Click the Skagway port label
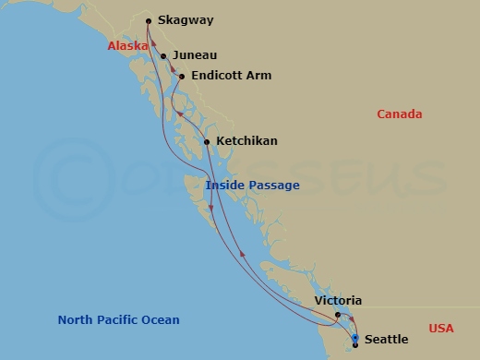(x=186, y=19)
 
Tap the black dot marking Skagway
(x=149, y=20)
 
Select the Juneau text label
(x=195, y=55)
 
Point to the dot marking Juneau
(x=163, y=56)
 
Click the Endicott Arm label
(x=231, y=76)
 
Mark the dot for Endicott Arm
(x=181, y=77)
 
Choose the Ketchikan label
(x=246, y=141)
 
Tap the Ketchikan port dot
(x=206, y=141)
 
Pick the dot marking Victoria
(x=338, y=315)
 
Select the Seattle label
(x=387, y=340)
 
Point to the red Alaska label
(x=127, y=45)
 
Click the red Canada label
(x=399, y=114)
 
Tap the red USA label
(x=441, y=329)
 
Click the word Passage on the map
(x=274, y=186)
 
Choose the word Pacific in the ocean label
(x=121, y=320)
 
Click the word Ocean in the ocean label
(x=162, y=320)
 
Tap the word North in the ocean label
(x=76, y=320)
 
